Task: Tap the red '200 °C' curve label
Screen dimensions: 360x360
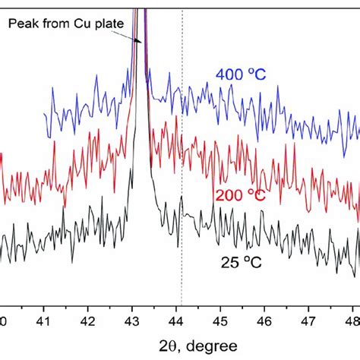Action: [x=240, y=195]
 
